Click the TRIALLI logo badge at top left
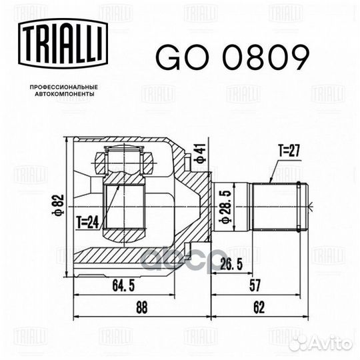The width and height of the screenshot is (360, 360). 63,43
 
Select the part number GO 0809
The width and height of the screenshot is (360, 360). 233,57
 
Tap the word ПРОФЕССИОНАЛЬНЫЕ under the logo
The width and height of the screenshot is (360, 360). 64,87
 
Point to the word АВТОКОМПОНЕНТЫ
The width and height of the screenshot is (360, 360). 65,94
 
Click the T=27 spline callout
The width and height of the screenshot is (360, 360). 289,151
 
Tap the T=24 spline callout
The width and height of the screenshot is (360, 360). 88,223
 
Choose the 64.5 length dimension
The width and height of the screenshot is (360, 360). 123,286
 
